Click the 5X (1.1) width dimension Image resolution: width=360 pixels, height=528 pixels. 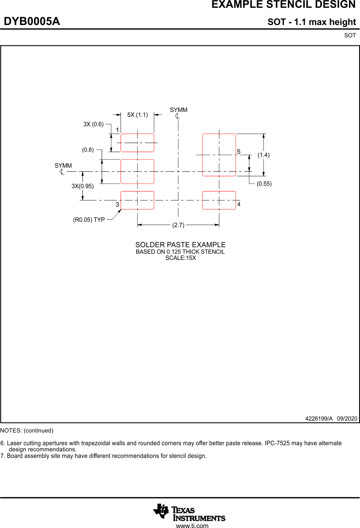[x=137, y=115]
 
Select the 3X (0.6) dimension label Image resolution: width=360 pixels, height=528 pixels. [x=93, y=124]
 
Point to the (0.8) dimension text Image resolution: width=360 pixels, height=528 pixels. [x=88, y=150]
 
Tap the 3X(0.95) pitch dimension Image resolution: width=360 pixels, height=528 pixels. [x=82, y=186]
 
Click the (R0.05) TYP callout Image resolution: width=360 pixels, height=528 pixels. [x=89, y=220]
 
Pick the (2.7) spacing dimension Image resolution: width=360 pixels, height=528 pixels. [x=178, y=225]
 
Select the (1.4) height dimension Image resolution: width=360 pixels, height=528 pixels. [x=264, y=155]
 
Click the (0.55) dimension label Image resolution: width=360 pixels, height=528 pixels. [x=264, y=184]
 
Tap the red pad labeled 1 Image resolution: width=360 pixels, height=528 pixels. [x=137, y=143]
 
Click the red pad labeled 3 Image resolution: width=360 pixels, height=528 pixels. [x=137, y=200]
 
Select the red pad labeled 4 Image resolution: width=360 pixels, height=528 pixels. [x=219, y=200]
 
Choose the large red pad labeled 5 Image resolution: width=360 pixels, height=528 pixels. [x=219, y=155]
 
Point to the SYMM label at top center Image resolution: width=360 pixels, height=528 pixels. [x=178, y=110]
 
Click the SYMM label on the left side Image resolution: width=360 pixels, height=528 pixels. [x=63, y=166]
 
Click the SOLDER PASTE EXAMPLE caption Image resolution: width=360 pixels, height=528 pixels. [x=180, y=245]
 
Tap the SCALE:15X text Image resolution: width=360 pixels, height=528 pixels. [x=180, y=258]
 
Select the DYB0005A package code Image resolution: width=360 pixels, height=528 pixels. [x=32, y=22]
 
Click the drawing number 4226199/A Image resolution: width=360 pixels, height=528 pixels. [x=319, y=419]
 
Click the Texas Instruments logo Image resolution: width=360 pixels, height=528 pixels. [x=189, y=512]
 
